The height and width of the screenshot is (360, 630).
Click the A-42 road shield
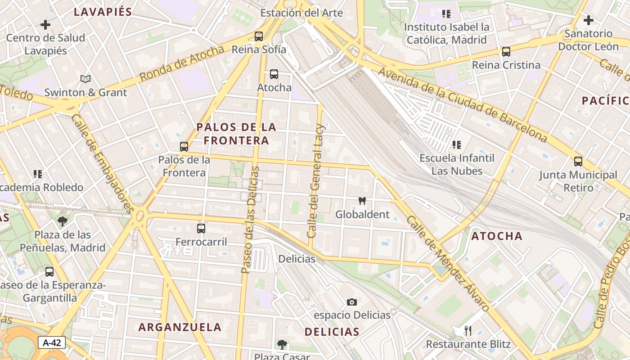[52, 342]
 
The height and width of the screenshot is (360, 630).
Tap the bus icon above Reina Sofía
[259, 36]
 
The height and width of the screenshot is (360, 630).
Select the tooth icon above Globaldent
[362, 201]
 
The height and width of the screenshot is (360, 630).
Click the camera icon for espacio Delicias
[352, 302]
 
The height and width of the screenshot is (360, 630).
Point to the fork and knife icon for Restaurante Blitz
[468, 331]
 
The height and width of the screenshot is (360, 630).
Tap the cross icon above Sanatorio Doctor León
[588, 20]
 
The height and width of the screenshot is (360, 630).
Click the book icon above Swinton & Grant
[85, 79]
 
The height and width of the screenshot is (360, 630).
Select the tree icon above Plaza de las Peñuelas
[63, 221]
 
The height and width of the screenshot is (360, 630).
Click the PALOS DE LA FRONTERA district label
[236, 134]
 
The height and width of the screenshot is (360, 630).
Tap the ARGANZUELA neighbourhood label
[180, 327]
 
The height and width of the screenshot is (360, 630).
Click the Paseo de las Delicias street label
[250, 220]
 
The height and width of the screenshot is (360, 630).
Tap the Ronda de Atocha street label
[182, 63]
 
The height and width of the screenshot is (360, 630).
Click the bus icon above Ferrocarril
[201, 229]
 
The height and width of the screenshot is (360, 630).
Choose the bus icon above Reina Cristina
[506, 52]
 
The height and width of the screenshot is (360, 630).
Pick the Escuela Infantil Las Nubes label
[457, 164]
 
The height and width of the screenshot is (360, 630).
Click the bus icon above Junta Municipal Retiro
[578, 162]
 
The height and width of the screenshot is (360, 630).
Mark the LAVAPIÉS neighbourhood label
[103, 12]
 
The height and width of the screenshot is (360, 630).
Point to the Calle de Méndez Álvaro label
[447, 264]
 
